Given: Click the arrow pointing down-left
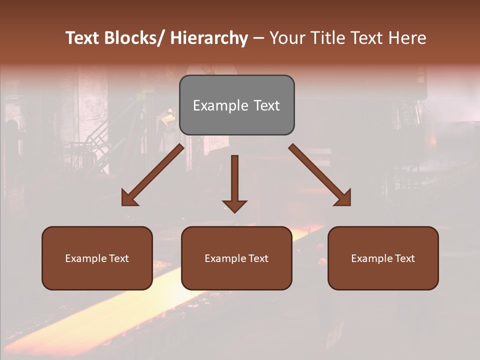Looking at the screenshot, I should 152,175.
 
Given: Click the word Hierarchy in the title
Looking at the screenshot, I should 209,38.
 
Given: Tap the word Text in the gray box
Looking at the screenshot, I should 266,105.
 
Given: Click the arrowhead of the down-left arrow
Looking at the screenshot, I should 129,198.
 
